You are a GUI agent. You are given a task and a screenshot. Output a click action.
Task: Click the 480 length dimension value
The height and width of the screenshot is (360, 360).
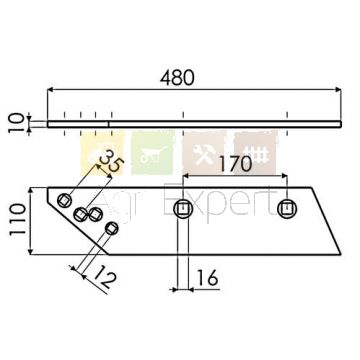177,78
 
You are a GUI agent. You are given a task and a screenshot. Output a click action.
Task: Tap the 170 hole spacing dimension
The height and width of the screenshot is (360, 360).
235,164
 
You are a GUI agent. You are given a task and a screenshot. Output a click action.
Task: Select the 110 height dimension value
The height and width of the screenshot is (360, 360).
17,220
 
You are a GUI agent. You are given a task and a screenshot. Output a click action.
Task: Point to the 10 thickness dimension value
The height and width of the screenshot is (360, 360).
16,123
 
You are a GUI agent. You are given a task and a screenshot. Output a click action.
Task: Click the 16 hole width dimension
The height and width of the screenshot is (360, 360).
207,278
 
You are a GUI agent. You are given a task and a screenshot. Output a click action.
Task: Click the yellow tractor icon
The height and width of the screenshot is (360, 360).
102,153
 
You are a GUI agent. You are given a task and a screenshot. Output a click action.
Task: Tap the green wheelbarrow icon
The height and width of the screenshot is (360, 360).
153,153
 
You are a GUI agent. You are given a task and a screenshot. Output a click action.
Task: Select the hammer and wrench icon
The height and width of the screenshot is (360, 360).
204,153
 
